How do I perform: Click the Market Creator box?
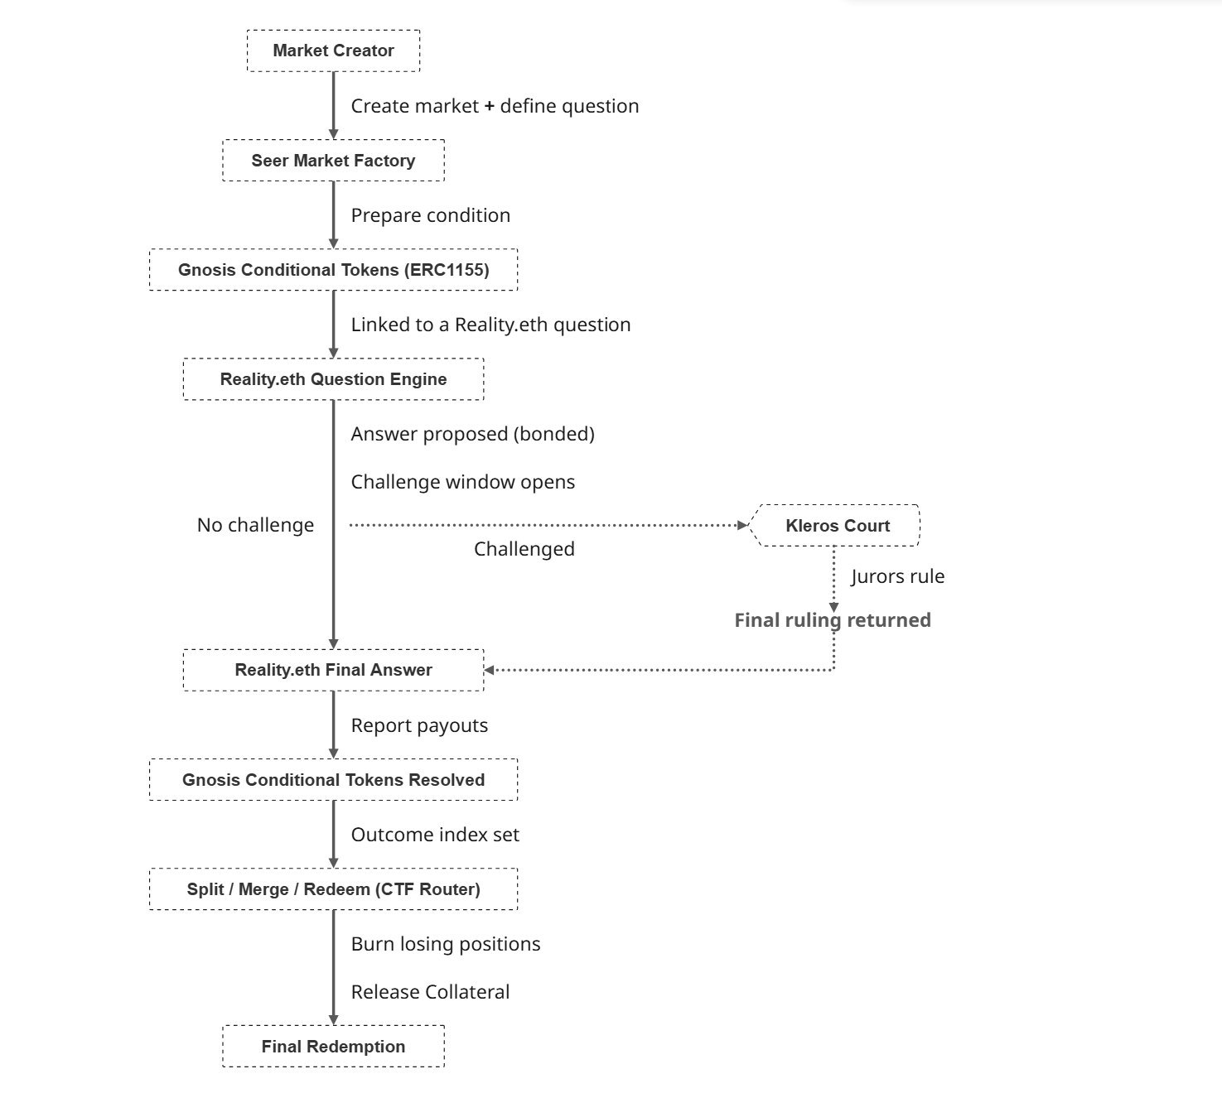click(x=334, y=51)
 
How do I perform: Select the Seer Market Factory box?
click(x=334, y=161)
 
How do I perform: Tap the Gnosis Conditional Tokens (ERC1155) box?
click(x=334, y=269)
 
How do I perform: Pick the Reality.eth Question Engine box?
click(x=334, y=379)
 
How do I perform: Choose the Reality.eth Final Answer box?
click(x=334, y=670)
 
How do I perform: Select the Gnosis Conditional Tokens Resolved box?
click(x=334, y=779)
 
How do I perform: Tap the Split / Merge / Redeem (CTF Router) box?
click(x=334, y=889)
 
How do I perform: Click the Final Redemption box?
click(x=334, y=1047)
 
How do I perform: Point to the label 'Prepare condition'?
click(x=431, y=215)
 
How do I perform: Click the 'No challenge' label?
click(x=256, y=524)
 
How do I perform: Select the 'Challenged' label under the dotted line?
click(x=524, y=549)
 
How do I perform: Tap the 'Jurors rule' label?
click(x=898, y=576)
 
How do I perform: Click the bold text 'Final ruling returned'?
click(x=833, y=619)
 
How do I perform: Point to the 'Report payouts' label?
click(x=419, y=725)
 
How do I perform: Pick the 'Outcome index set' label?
click(x=435, y=835)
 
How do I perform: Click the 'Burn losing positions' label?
click(x=446, y=943)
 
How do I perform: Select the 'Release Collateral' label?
click(x=430, y=992)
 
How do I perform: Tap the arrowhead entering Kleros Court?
click(x=743, y=525)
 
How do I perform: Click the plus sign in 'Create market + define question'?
click(x=489, y=106)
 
